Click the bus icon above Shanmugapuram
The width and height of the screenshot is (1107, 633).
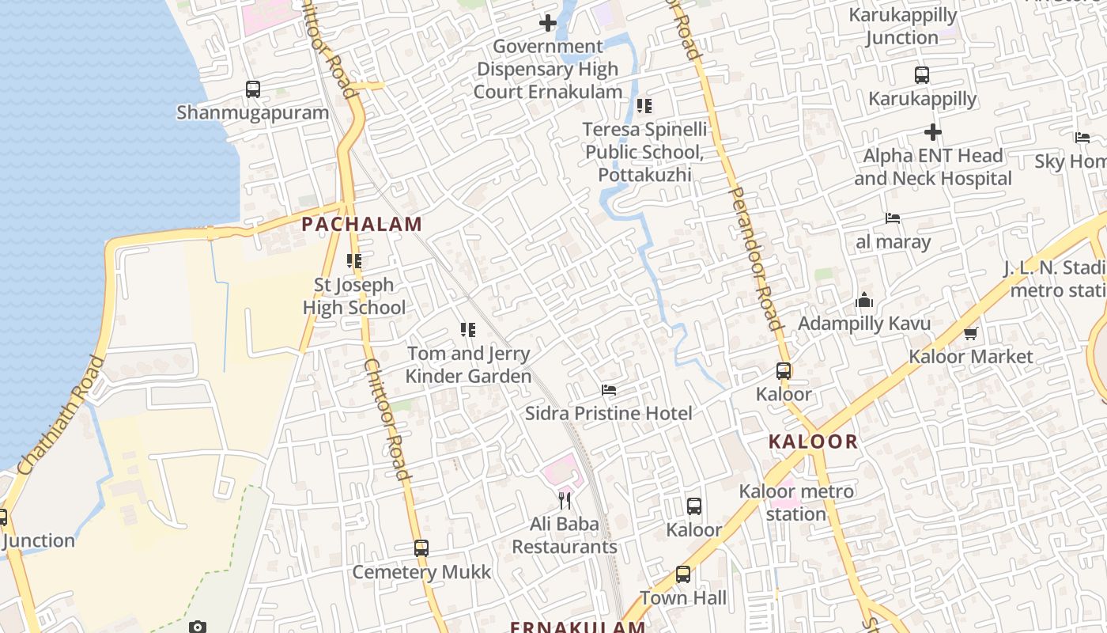[253, 89]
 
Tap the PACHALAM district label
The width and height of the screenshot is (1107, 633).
[362, 224]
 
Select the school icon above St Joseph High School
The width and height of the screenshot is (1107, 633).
[354, 260]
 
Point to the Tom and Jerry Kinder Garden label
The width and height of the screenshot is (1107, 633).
[468, 365]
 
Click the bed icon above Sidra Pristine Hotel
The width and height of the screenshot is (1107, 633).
[609, 389]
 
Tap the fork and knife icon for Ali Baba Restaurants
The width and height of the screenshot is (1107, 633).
[565, 500]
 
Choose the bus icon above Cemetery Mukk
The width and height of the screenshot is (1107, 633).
[421, 548]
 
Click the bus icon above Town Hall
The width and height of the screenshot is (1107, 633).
[683, 574]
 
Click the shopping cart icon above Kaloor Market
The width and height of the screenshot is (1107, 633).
[971, 333]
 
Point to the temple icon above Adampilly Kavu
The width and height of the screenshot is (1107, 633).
[864, 300]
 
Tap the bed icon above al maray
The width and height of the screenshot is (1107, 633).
[893, 218]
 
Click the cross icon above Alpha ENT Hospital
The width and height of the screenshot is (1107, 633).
[933, 131]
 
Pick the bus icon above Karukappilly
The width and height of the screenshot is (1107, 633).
[922, 75]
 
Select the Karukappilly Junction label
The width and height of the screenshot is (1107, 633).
[902, 26]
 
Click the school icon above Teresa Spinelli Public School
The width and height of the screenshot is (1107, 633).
[644, 105]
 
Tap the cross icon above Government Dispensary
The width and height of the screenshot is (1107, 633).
[547, 23]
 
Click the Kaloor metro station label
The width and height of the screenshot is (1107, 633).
[796, 502]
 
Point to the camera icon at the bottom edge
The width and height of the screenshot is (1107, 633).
[198, 627]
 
